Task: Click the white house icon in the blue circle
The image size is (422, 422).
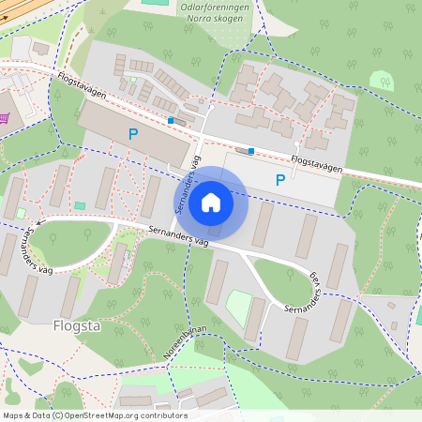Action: pos(211,202)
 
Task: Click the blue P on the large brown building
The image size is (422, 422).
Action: pos(133,135)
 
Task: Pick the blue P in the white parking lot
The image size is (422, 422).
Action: pos(279,179)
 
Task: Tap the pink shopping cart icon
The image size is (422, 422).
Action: pos(6,117)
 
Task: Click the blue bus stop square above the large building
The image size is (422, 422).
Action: pos(170,120)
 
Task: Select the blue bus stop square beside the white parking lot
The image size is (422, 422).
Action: pos(251,150)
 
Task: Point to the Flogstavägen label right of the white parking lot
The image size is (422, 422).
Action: pos(316,164)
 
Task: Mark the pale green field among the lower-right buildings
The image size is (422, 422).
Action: pos(240,309)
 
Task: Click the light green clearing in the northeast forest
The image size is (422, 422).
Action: pos(382,81)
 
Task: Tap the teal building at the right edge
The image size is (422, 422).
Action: pos(418,314)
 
